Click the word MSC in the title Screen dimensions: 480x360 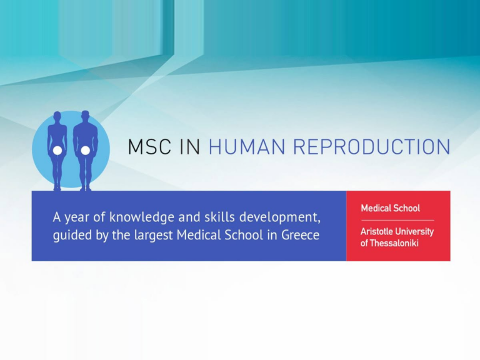tap(149, 147)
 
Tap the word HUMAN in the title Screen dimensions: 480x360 tap(247, 147)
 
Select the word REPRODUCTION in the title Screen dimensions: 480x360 tap(372, 147)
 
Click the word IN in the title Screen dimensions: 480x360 tap(190, 147)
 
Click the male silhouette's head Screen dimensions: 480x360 tap(86, 116)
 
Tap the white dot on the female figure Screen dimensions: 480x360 tap(57, 150)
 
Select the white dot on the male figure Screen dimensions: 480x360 tap(86, 150)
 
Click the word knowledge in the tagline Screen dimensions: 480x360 tap(142, 217)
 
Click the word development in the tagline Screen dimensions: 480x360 tap(279, 217)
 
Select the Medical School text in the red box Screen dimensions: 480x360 tap(390, 208)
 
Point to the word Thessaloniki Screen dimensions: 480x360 tap(394, 243)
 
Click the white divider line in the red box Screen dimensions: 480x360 tap(397, 220)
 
